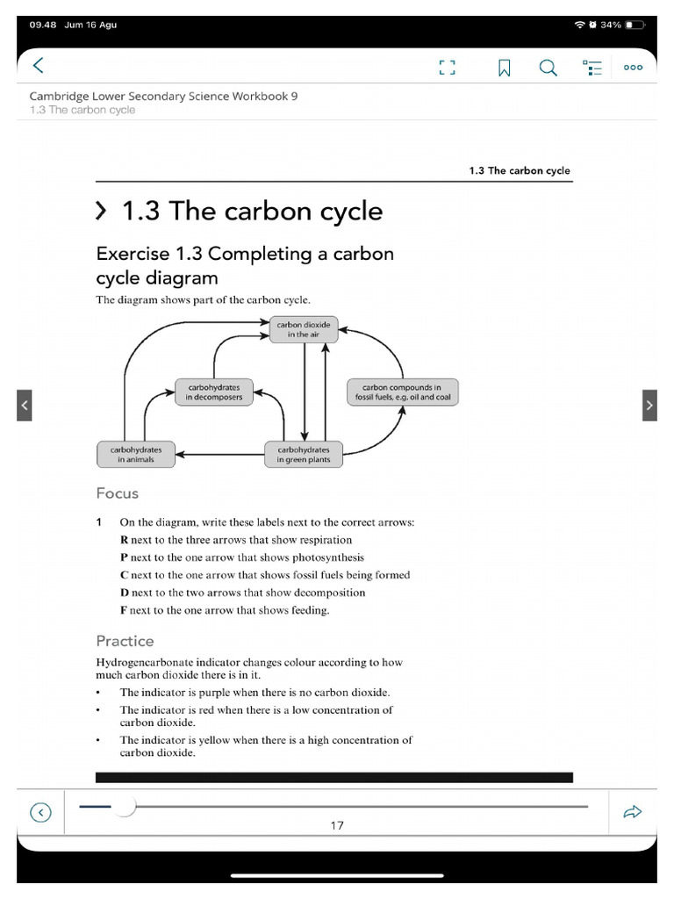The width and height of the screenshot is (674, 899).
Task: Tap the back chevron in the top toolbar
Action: [38, 66]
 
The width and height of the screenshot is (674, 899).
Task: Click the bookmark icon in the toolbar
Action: [505, 68]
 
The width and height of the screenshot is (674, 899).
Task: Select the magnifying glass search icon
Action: [548, 68]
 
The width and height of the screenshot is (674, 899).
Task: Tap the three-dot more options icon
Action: [633, 68]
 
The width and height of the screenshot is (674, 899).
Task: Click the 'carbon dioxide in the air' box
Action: [304, 329]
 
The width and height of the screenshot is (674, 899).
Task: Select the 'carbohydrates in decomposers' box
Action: [214, 392]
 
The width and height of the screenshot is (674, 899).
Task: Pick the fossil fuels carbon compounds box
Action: [402, 392]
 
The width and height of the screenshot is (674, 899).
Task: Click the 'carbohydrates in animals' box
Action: [136, 454]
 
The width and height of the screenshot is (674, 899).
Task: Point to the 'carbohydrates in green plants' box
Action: [304, 454]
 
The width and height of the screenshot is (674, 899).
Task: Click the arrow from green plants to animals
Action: [219, 455]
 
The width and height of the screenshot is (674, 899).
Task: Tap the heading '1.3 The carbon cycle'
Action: [251, 212]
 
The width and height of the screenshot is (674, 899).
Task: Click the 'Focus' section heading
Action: [118, 493]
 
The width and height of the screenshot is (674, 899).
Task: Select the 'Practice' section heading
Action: [125, 641]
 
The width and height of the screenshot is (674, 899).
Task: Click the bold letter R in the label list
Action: [124, 540]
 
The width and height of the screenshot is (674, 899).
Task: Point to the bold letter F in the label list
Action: [124, 610]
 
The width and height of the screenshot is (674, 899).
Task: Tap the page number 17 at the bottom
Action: [337, 825]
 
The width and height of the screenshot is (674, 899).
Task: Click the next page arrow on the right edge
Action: [649, 405]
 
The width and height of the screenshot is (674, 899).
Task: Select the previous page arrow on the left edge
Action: [25, 405]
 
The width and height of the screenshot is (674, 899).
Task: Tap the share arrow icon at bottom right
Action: [632, 813]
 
